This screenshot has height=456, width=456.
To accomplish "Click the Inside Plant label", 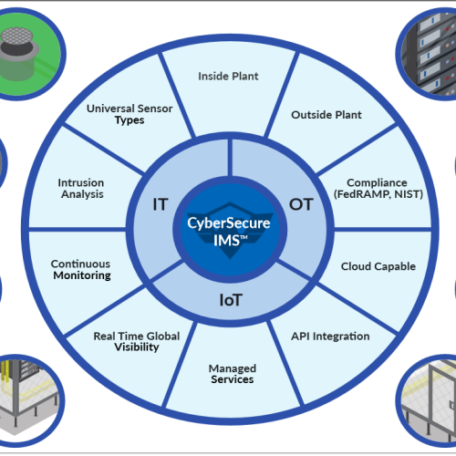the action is point(228,76).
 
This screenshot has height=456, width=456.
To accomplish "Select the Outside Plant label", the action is point(326,115).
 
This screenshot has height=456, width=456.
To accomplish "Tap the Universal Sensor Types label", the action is point(130,114).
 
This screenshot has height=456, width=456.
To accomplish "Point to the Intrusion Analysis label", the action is point(81,189).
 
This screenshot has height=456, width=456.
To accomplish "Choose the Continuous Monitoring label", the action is point(81,270).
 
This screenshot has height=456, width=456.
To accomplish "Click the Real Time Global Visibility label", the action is point(137,342).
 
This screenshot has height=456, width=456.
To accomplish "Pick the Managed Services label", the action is point(233,374).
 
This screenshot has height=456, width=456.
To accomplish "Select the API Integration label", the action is point(330,337).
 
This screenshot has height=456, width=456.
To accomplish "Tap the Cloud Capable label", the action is point(378,266).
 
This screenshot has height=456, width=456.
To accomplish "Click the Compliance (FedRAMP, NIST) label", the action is point(378,189).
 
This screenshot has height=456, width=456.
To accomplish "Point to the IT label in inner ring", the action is point(161,204).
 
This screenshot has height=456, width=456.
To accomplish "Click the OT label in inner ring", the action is point(301,204).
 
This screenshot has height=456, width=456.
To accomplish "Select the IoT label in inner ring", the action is point(231,300).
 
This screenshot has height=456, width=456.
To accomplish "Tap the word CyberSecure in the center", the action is point(229,223).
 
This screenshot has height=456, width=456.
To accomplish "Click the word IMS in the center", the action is point(226,241).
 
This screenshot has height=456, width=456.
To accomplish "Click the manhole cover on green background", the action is point(16,36).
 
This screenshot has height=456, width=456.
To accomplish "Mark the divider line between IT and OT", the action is point(230,158).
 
